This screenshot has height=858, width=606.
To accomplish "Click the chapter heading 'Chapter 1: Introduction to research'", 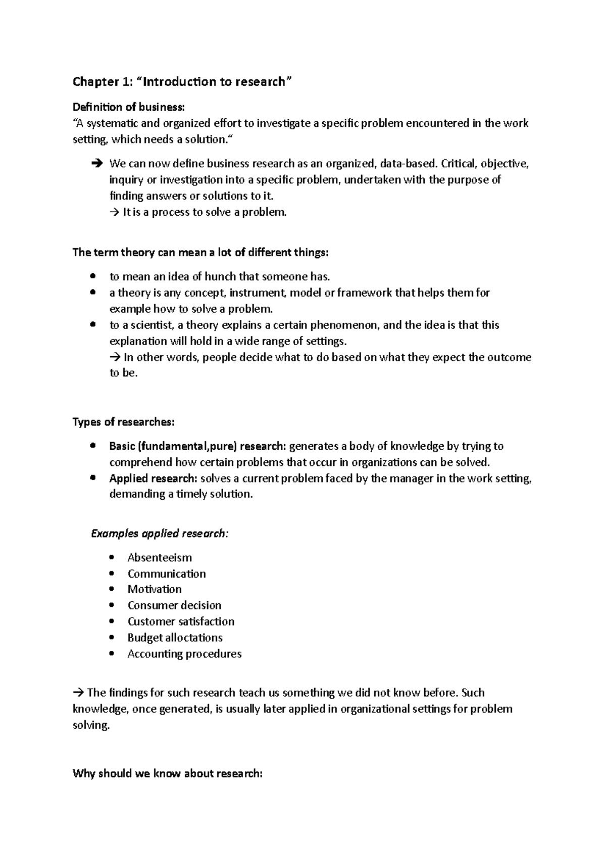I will (x=182, y=82).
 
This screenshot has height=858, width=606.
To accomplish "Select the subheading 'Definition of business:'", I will (x=129, y=107).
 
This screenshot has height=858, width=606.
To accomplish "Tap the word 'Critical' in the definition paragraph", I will (x=458, y=164).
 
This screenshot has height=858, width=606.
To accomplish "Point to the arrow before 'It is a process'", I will (x=114, y=212).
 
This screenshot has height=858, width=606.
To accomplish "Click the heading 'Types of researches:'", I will (x=124, y=422).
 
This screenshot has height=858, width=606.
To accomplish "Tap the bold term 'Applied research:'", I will (x=153, y=478).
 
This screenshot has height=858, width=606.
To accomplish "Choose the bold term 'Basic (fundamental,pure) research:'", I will (x=197, y=446).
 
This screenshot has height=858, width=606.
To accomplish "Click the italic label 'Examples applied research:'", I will (x=160, y=534).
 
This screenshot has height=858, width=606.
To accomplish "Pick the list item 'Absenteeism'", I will (x=160, y=557).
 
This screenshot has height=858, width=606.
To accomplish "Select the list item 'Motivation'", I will (x=155, y=589).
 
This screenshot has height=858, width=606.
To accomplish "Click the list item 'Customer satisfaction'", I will (x=181, y=622).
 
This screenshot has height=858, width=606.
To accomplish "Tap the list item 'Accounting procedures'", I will (x=184, y=654).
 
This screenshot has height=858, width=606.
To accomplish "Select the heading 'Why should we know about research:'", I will (x=168, y=774).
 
